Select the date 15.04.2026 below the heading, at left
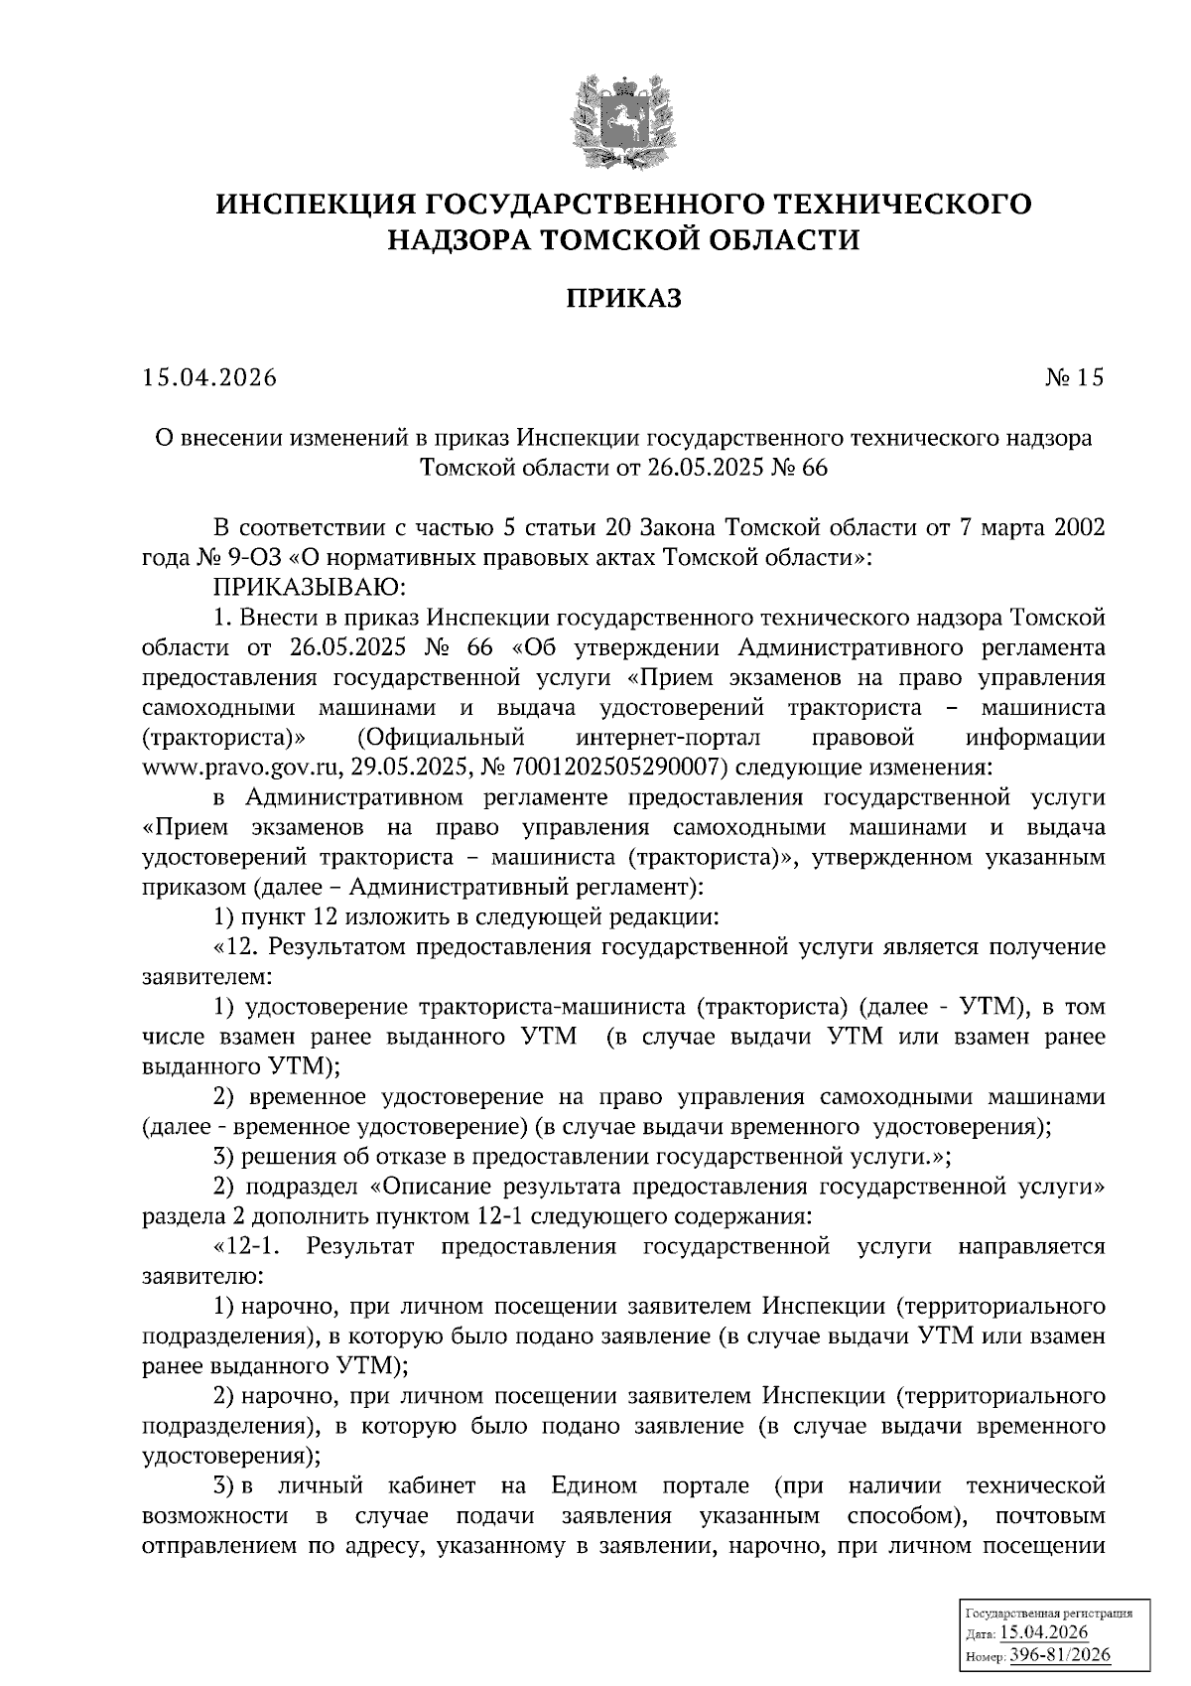(x=208, y=378)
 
